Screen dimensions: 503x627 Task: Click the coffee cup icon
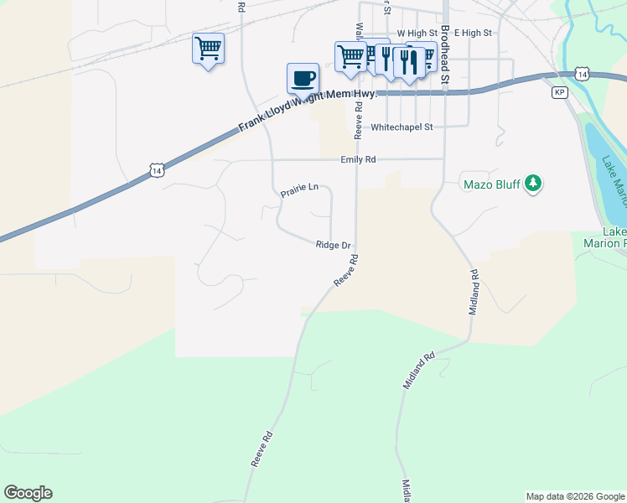(x=303, y=79)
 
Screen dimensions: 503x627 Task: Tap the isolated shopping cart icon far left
(x=208, y=48)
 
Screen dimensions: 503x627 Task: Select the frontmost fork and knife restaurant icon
(x=408, y=60)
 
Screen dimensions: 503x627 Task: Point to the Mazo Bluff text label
(x=491, y=184)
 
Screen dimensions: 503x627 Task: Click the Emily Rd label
(x=358, y=159)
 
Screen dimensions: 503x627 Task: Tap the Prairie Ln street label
(x=299, y=190)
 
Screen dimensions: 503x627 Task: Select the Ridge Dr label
(x=333, y=246)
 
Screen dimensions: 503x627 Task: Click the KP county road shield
(x=560, y=92)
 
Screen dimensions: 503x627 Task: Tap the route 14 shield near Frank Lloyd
(x=157, y=170)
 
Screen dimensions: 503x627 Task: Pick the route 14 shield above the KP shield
(x=583, y=75)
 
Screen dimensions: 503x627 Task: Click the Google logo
(x=28, y=493)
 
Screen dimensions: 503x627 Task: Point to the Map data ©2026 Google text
(x=574, y=496)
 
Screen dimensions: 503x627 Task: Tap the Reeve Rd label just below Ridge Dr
(x=346, y=274)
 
